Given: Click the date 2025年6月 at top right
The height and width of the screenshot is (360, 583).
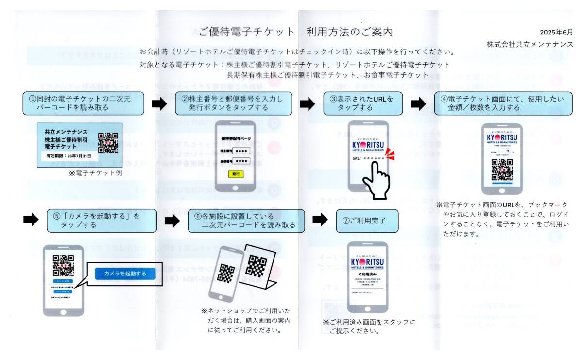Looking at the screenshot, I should pyautogui.click(x=556, y=33).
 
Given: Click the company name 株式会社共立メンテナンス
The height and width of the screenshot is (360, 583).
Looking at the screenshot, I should pyautogui.click(x=530, y=44).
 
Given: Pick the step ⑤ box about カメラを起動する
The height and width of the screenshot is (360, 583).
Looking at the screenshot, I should pyautogui.click(x=102, y=221).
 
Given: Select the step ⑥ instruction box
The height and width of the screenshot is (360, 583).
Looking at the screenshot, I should pyautogui.click(x=246, y=221).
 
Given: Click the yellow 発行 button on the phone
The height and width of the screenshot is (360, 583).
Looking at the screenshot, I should pyautogui.click(x=236, y=173).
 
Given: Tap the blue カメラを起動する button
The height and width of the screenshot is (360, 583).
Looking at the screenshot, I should pyautogui.click(x=125, y=274).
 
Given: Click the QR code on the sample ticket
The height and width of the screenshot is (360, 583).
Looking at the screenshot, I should pyautogui.click(x=108, y=142).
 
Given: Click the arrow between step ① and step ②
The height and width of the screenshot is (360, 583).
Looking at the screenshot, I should pyautogui.click(x=159, y=103).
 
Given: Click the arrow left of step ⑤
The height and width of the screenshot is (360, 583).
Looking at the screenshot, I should pyautogui.click(x=31, y=220).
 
